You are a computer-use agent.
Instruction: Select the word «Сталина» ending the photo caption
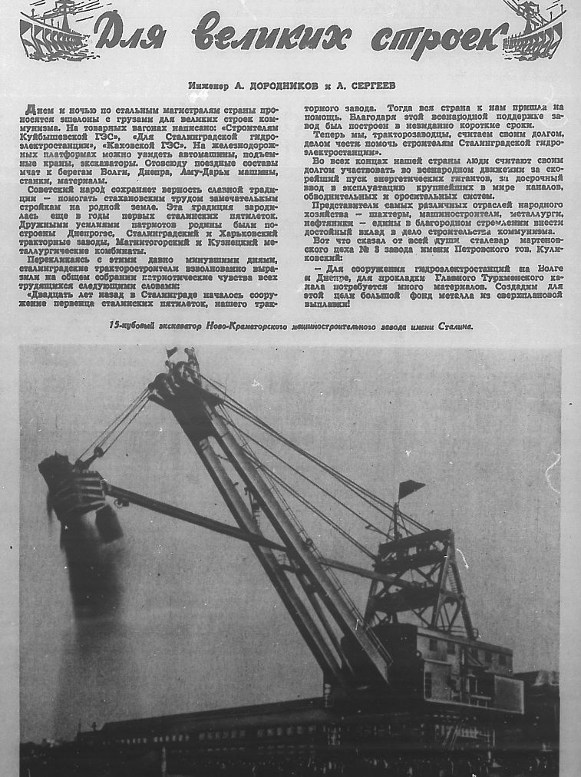click(x=454, y=326)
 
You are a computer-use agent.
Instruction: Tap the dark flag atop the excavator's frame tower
click(x=411, y=488)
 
